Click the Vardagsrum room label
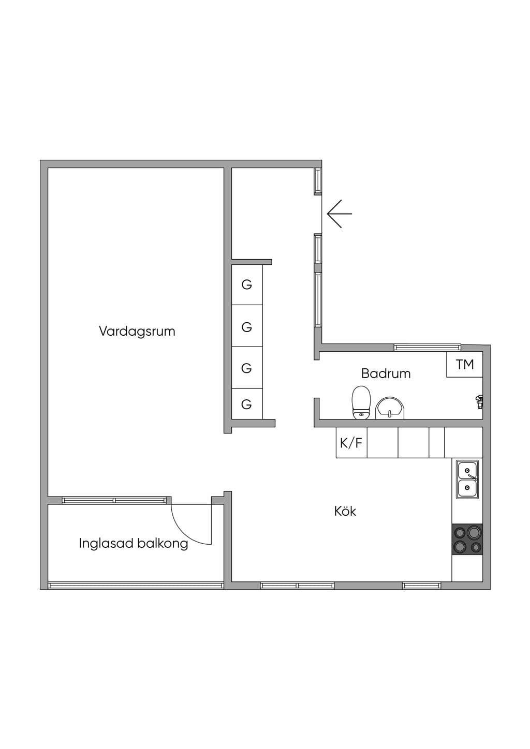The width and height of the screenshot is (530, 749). coord(137,332)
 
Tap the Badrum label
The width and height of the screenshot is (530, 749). coord(386,373)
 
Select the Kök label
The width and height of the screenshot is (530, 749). coord(345,511)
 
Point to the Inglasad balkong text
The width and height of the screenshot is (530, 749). coord(134,543)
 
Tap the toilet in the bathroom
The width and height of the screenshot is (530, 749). coord(361,402)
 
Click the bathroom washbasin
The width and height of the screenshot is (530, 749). coord(390,408)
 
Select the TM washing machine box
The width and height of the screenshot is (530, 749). coord(464,365)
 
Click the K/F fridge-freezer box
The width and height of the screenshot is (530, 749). coord(351,443)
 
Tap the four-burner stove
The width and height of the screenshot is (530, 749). coord(467,540)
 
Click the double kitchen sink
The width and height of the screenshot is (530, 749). coord(467,479)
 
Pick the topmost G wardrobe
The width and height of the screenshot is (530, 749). coord(247,284)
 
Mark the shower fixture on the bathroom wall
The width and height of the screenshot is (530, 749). coord(479,401)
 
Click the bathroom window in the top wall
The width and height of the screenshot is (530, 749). coord(428,348)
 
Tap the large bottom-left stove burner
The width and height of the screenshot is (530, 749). coord(460,547)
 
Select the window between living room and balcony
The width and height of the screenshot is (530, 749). coord(114,501)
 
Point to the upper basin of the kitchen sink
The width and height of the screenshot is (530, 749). coord(467,470)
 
